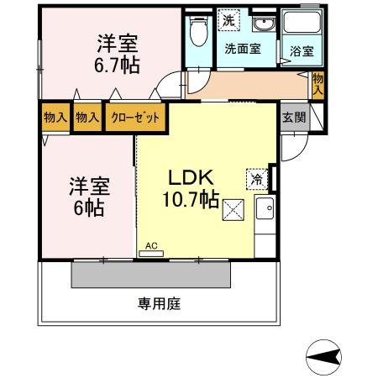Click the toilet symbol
pyautogui.click(x=199, y=31)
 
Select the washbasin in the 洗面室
pyautogui.click(x=264, y=24)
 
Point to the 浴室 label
pyautogui.click(x=302, y=51)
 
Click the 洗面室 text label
pyautogui.click(x=243, y=49)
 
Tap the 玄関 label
pyautogui.click(x=294, y=117)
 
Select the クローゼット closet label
pyautogui.click(x=135, y=118)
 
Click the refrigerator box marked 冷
pyautogui.click(x=257, y=179)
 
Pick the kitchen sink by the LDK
pyautogui.click(x=265, y=208)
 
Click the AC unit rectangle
pyautogui.click(x=151, y=254)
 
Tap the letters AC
pyautogui.click(x=151, y=245)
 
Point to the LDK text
pyautogui.click(x=192, y=177)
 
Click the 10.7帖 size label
pyautogui.click(x=191, y=199)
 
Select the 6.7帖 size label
pyautogui.click(x=117, y=66)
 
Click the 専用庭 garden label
pyautogui.click(x=159, y=303)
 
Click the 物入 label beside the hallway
pyautogui.click(x=318, y=84)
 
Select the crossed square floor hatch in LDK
pyautogui.click(x=233, y=210)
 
